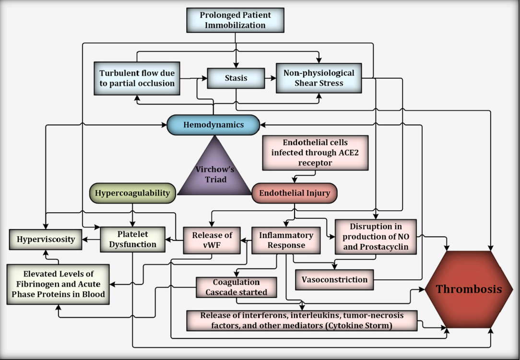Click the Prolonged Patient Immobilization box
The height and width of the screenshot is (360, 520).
click(x=235, y=20)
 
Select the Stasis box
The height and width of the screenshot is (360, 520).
click(x=236, y=78)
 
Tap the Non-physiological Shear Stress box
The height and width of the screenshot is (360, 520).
click(x=319, y=78)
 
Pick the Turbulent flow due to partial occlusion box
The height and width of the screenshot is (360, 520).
click(x=137, y=78)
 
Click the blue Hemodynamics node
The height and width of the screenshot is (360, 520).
click(x=213, y=125)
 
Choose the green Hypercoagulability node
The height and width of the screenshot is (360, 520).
click(x=132, y=193)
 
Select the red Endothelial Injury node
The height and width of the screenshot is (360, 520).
click(x=294, y=193)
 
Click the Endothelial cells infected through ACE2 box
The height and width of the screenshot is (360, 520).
click(x=315, y=153)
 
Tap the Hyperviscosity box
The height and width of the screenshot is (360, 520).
click(x=46, y=239)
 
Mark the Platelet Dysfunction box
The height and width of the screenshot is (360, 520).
click(x=132, y=239)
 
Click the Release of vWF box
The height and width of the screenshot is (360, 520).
click(x=212, y=240)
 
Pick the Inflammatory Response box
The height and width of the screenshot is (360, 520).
click(x=286, y=240)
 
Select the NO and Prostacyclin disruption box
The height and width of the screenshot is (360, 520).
click(x=376, y=237)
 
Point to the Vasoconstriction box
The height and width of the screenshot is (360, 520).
click(x=334, y=279)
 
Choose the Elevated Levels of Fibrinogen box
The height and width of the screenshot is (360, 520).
click(x=58, y=284)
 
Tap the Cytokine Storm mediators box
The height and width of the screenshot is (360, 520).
click(x=302, y=321)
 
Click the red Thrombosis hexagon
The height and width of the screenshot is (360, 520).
click(x=468, y=289)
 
